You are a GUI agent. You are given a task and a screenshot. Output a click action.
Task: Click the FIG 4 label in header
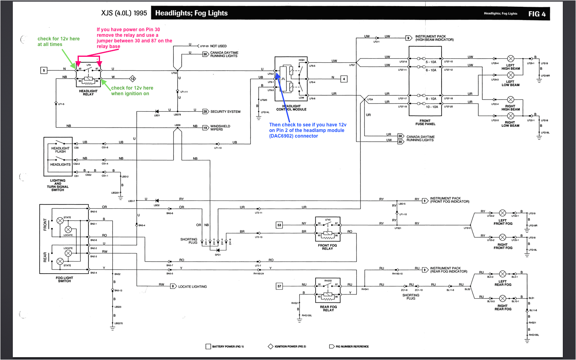(537, 14)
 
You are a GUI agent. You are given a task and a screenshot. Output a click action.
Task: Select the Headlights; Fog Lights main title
(191, 13)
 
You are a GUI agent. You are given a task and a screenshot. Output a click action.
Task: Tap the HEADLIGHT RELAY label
(88, 93)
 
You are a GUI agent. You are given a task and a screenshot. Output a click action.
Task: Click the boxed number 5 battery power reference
(44, 70)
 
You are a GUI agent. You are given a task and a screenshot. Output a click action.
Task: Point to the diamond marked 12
(133, 79)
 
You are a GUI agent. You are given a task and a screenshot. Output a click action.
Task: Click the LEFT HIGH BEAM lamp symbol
(510, 59)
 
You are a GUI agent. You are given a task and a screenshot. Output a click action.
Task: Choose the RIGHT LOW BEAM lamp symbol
(510, 116)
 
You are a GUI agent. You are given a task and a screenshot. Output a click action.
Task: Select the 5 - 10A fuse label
(431, 62)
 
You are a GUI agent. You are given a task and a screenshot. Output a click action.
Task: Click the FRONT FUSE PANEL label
(425, 122)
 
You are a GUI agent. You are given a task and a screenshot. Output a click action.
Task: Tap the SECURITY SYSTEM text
(225, 112)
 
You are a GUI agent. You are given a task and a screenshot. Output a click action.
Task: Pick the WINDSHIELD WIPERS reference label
(220, 128)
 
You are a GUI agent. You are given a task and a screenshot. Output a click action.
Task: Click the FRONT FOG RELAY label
(327, 247)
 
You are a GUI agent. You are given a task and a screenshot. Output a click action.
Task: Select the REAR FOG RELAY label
(328, 308)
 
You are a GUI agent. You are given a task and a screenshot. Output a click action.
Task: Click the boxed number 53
(279, 225)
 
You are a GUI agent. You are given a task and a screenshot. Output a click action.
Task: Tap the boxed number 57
(279, 286)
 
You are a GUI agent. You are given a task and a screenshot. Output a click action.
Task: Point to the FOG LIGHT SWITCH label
(64, 279)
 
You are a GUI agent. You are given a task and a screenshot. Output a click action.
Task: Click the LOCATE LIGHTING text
(192, 287)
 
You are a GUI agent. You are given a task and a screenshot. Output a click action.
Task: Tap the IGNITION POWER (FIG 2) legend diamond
(270, 346)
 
